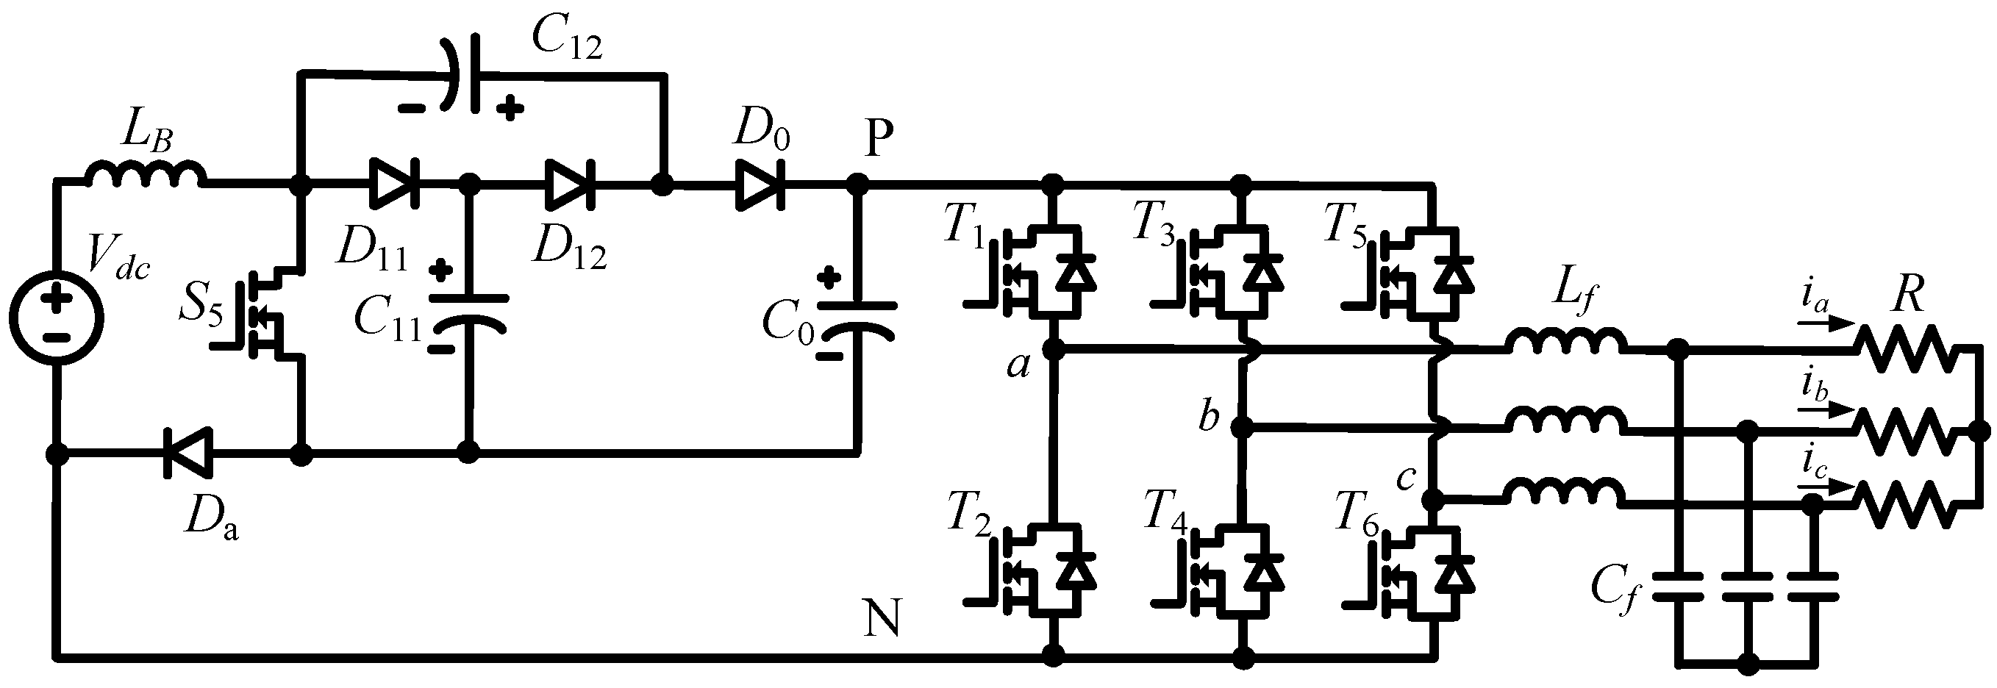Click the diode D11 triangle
pos(394,184)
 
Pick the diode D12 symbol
pos(569,184)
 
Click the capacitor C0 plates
pos(857,319)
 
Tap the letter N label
pos(882,618)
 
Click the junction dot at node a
pos(1053,350)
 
